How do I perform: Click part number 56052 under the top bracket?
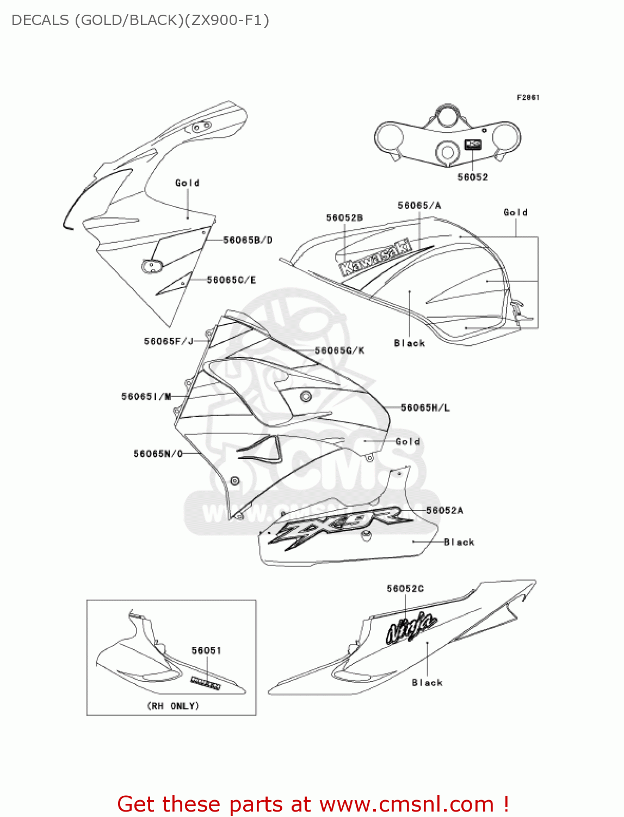coord(472,177)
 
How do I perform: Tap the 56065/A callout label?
coord(419,205)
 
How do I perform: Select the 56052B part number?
coord(344,218)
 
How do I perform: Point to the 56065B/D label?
coord(248,240)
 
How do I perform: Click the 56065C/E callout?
coord(231,280)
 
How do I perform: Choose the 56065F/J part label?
coord(169,342)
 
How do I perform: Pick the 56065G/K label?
coord(339,351)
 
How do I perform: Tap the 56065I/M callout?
coord(146,397)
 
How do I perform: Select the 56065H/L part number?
coord(425,407)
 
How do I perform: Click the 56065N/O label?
coord(158,454)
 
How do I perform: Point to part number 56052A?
coord(444,510)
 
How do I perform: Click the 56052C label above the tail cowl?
coord(405,589)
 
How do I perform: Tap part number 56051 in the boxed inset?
coord(206,650)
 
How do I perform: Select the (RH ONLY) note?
coord(173,706)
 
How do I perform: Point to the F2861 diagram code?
coord(528,97)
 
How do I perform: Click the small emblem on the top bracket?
coord(473,145)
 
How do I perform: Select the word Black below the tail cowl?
coord(427,682)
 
